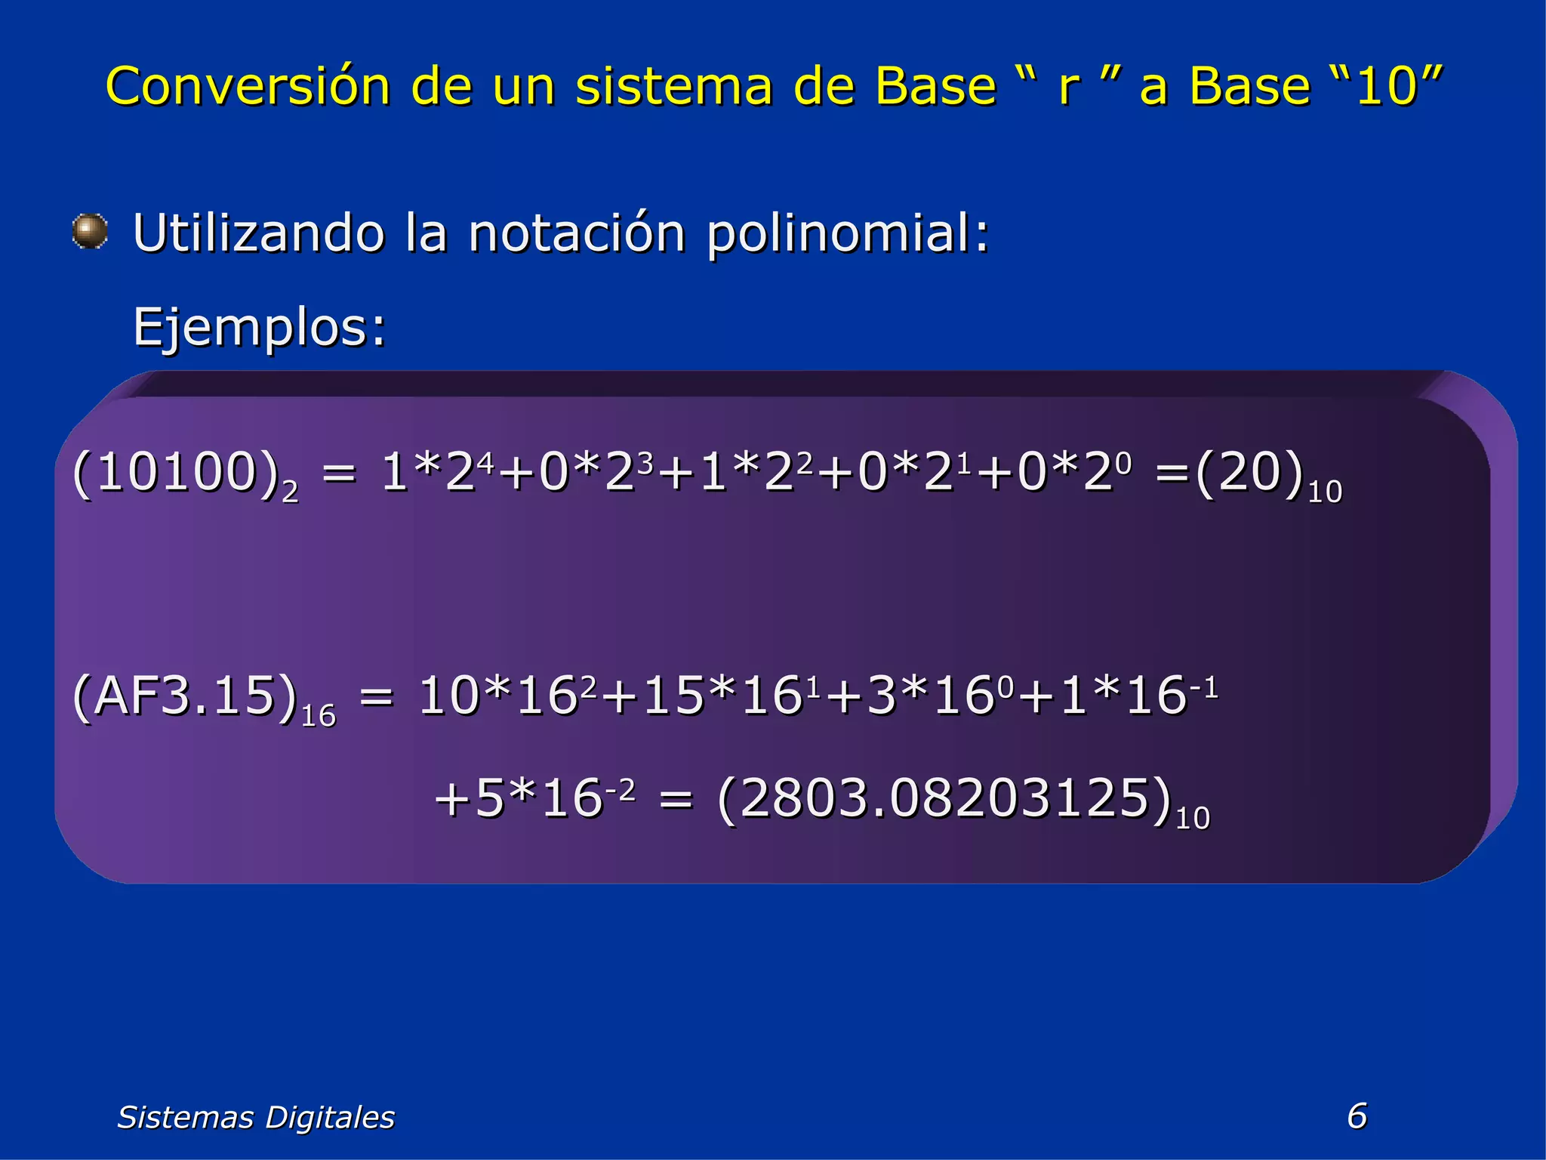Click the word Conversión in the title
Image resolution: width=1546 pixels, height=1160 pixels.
tap(247, 85)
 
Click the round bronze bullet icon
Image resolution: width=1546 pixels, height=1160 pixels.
tap(90, 231)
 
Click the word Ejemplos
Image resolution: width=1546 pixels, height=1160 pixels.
tap(259, 329)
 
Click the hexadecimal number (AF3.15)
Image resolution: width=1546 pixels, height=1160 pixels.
tap(185, 696)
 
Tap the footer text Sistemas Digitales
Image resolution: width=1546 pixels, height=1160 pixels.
tap(256, 1117)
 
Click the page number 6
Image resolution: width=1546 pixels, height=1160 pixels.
tap(1357, 1115)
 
